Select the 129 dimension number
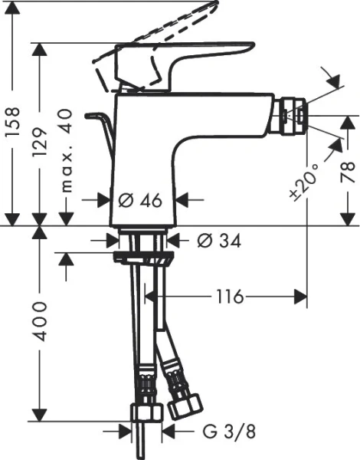pyautogui.click(x=44, y=142)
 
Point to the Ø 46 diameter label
pyautogui.click(x=142, y=200)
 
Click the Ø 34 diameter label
pyautogui.click(x=219, y=241)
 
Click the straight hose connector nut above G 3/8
pyautogui.click(x=145, y=412)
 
